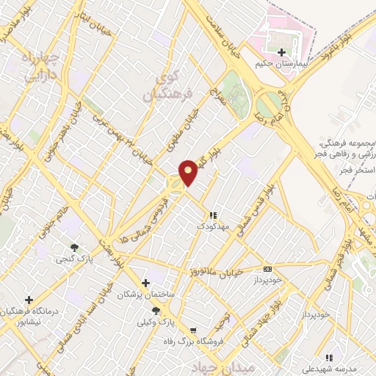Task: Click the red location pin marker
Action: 189,173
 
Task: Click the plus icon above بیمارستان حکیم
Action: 282,52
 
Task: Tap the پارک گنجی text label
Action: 73,258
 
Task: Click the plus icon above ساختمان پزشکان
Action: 145,283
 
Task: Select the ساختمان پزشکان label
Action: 147,294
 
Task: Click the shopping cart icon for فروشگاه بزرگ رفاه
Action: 192,330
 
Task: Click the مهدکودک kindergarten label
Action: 213,226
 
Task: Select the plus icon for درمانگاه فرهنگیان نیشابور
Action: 29,300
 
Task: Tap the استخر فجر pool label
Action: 358,170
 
